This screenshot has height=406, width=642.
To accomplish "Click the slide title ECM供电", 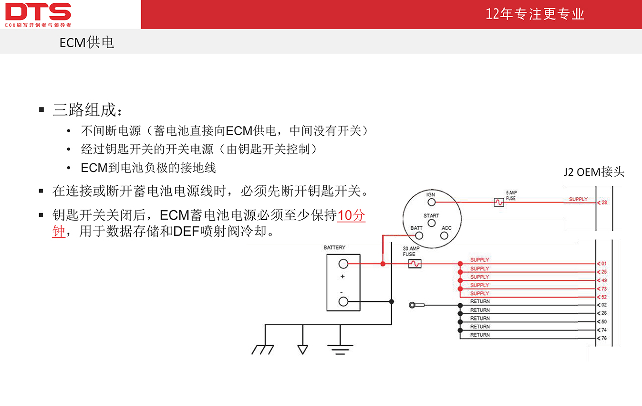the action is pos(86,43).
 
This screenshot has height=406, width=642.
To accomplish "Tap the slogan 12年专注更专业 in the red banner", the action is pos(535,14).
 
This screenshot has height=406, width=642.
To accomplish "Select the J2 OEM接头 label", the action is pos(594,172).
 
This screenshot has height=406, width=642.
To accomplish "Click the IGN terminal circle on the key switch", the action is pos(431,202).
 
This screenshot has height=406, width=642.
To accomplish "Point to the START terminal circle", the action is pos(431,223).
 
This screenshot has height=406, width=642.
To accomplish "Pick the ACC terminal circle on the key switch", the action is pos(444,235).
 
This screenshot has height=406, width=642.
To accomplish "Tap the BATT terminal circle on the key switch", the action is pos(419,235).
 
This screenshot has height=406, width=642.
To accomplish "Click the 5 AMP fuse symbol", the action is pos(499,202).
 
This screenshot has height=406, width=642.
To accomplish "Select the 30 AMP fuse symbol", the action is pos(414,263).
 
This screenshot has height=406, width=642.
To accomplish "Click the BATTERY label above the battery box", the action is pos(334,247).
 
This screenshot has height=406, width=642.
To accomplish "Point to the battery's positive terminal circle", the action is pos(343,264).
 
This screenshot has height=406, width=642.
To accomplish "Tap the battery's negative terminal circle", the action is pos(343,301).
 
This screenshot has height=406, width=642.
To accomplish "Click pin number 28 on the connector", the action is pos(604,203).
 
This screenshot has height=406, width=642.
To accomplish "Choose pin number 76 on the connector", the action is pos(604,338).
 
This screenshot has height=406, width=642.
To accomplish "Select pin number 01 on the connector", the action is pos(604,264).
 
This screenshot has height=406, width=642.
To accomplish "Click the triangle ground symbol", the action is pos(303,350).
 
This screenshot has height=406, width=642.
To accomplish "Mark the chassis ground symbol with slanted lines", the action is pos(263,350).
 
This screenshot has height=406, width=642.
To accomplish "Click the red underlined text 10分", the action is pos(351,215).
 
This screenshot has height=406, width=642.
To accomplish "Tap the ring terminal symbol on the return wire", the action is pos(412,305).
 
